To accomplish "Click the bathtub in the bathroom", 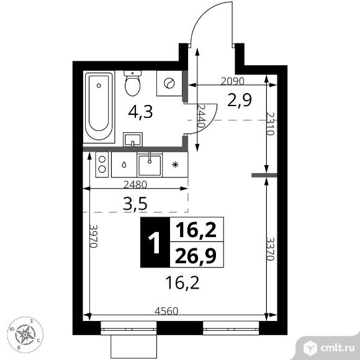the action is coord(99,107).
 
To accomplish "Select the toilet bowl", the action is coord(132,83).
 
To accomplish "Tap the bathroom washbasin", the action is coord(133,139).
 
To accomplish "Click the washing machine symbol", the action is coord(169,83).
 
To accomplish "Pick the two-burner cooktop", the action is coord(102,164).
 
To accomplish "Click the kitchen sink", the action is coord(150,164).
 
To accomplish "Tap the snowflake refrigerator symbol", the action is coord(175,164).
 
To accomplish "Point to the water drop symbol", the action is coord(124,164).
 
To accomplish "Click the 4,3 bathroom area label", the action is coord(140,112).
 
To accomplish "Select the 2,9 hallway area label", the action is coord(240,100).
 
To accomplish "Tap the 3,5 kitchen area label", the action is coord(135,204).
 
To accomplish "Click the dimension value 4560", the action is coord(166,311).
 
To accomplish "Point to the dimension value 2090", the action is coord(232,81).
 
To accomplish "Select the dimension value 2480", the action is coord(135,184).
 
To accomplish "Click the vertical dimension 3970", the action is coord(94,236).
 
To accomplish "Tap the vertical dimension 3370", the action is coord(270,249).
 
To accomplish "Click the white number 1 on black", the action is coord(155,242).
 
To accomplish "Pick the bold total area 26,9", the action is coord(196,256).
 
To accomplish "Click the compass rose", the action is coord(25,335).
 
